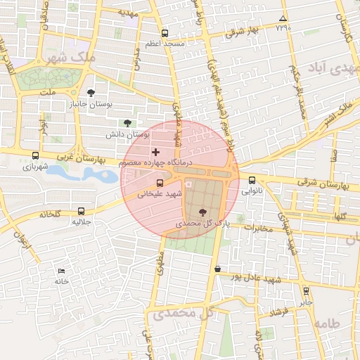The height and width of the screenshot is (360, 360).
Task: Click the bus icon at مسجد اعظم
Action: tap(165, 33)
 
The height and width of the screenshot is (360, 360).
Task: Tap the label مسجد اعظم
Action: tap(165, 44)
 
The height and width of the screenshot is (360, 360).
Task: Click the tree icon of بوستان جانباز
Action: tap(91, 92)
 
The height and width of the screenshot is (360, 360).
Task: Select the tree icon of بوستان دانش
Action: tap(127, 123)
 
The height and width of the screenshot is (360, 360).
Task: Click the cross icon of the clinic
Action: tap(155, 152)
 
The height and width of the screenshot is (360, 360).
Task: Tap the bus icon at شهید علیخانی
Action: tap(160, 183)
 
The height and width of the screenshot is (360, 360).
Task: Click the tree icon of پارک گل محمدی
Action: tap(203, 212)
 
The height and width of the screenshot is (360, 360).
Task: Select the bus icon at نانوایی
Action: tap(252, 180)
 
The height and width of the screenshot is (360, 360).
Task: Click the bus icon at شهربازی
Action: tap(36, 155)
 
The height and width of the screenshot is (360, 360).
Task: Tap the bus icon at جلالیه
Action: tap(82, 210)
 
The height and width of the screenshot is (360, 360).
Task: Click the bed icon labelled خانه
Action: tap(62, 271)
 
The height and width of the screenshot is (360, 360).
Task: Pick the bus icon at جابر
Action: tap(306, 290)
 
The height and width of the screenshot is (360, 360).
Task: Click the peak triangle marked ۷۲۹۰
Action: tap(283, 18)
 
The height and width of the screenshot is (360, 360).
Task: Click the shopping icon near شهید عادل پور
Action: tap(217, 269)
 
